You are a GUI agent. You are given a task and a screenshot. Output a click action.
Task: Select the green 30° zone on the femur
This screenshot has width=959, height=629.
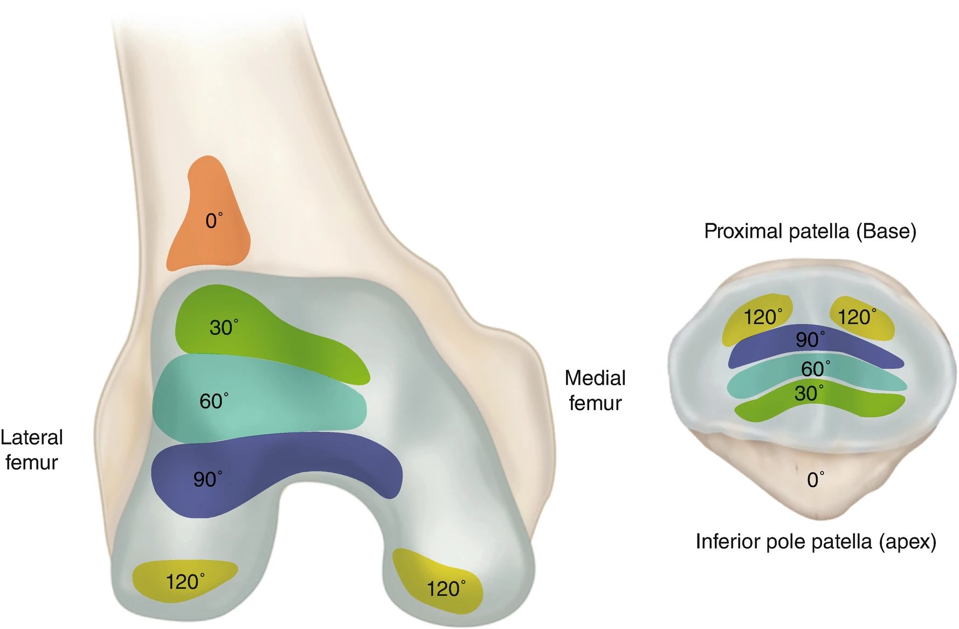[259, 334]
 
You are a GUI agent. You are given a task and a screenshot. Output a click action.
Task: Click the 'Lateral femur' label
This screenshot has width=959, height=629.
[32, 450]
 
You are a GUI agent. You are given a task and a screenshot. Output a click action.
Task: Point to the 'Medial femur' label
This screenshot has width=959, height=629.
[595, 390]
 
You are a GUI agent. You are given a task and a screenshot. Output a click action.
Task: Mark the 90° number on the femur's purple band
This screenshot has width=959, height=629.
[208, 479]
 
